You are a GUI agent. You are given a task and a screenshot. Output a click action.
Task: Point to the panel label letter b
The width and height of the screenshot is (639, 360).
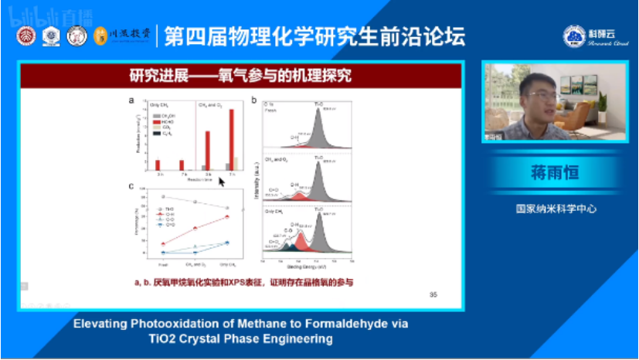coord(254,100)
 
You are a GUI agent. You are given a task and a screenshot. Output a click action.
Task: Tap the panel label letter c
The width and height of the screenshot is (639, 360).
coord(132,185)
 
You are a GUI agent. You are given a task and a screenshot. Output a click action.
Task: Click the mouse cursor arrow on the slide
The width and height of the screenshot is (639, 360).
coord(221,182)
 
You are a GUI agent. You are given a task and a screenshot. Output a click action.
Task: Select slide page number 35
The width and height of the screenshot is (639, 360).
coord(433,294)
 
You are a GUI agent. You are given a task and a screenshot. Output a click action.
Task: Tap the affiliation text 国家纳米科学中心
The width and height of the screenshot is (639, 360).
coord(555,209)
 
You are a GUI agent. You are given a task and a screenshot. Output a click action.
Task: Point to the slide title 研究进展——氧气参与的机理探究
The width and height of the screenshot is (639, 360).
coord(240,76)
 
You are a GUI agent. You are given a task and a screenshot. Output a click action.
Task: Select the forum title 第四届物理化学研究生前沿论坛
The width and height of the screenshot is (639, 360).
coord(318,36)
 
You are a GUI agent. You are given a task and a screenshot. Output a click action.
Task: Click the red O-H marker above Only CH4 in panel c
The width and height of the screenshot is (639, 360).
coord(226,216)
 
